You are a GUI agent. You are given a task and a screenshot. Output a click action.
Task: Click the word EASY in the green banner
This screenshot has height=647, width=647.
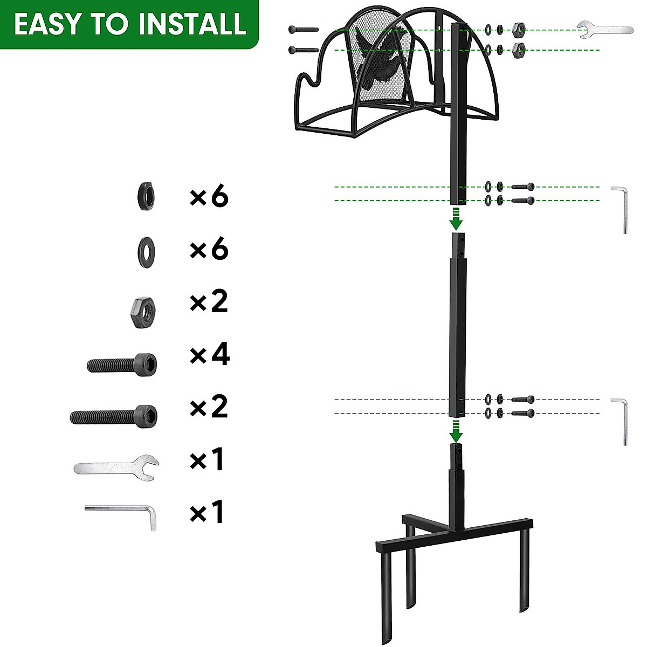click(x=47, y=25)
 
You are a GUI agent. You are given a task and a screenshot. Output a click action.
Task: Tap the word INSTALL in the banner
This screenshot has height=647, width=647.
click(x=192, y=25)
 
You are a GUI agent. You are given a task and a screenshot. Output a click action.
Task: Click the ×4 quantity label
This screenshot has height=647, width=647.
click(x=209, y=354)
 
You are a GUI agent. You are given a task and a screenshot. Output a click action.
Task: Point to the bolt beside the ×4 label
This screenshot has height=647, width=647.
click(x=122, y=364)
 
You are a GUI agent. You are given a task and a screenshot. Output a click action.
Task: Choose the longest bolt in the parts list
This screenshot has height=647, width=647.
click(x=114, y=416)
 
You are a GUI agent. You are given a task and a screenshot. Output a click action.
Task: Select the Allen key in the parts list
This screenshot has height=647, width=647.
click(x=121, y=515)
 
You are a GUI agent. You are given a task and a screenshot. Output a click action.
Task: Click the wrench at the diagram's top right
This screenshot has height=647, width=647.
click(x=604, y=30)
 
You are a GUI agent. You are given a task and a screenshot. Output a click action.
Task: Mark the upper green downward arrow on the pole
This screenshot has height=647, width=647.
click(x=456, y=218)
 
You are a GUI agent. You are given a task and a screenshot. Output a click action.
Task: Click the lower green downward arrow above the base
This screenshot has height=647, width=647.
click(x=456, y=431)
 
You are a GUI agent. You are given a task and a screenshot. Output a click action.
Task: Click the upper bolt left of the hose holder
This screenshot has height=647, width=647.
click(x=304, y=30)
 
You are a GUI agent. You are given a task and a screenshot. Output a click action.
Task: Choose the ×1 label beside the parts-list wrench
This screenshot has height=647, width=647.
click(x=207, y=460)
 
